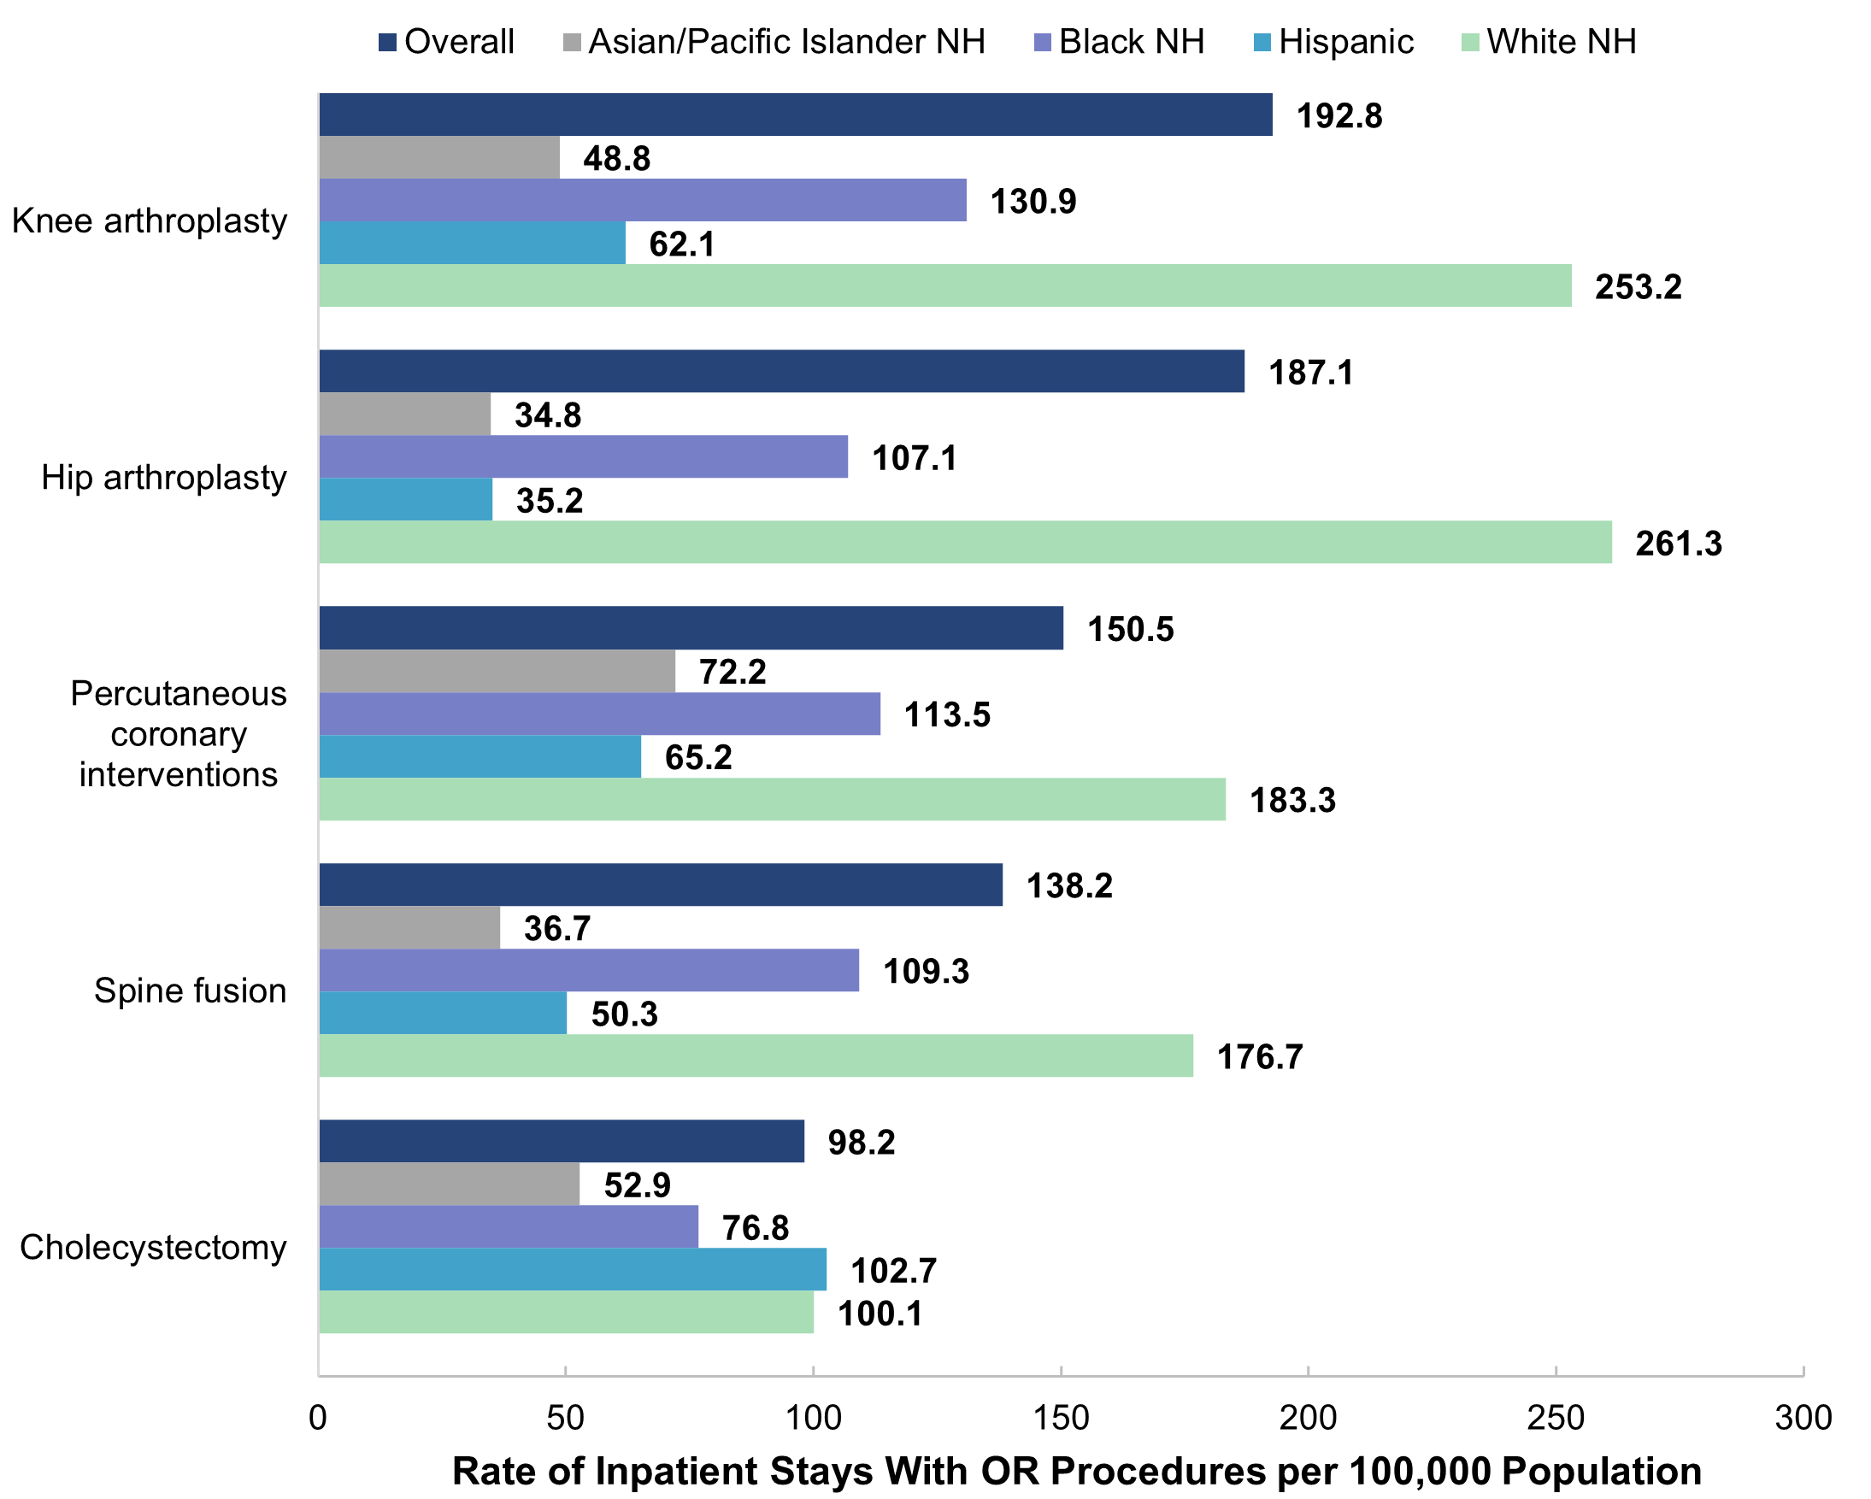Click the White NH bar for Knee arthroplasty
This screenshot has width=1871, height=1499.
tap(944, 285)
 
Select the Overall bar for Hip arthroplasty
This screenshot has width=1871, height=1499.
tap(781, 371)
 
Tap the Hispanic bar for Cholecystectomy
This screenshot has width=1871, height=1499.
tap(572, 1269)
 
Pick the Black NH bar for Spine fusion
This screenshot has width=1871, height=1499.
tap(588, 970)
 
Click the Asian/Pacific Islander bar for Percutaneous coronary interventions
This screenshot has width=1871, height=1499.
tap(497, 671)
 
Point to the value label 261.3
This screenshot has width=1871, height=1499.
tap(1678, 543)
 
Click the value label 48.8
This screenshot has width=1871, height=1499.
tap(616, 158)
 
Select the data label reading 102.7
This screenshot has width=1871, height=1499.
tap(893, 1271)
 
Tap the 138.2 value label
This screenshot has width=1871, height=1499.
tap(1068, 885)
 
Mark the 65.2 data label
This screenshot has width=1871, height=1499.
tap(697, 757)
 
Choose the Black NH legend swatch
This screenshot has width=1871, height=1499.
tap(1043, 42)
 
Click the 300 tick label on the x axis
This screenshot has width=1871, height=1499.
tap(1803, 1418)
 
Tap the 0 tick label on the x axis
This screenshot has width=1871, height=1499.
tap(318, 1418)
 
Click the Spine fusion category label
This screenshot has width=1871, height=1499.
tap(190, 990)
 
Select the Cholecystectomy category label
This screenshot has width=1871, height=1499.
tap(153, 1247)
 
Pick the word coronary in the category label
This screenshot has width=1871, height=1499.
tap(179, 734)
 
